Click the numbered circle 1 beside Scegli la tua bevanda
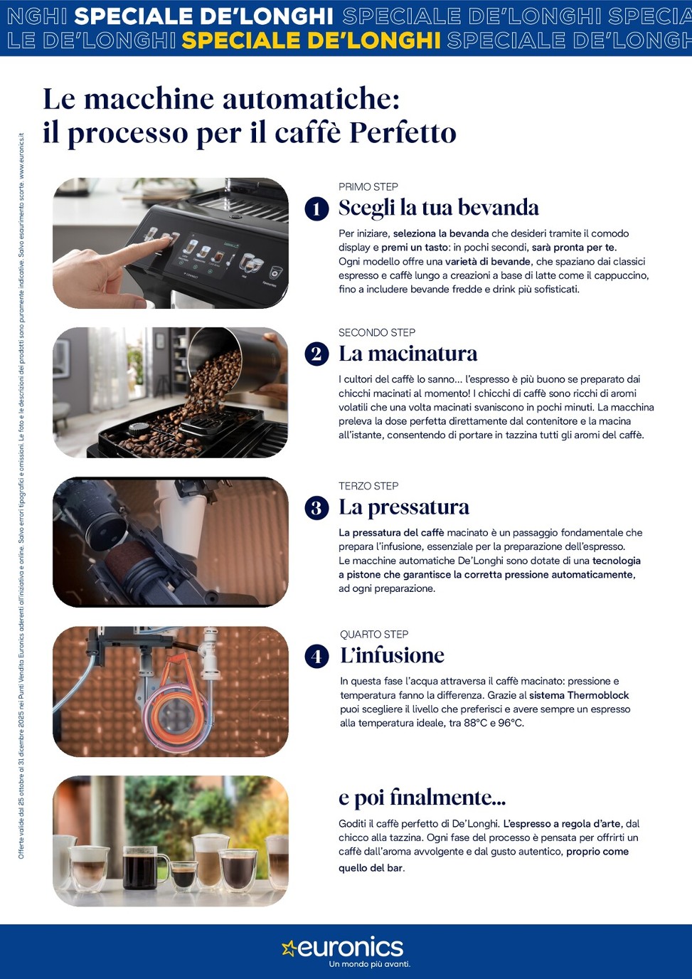click(x=316, y=208)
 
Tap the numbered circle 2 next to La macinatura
click(x=316, y=354)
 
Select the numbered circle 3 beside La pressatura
click(x=316, y=508)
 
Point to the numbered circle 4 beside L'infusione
click(x=316, y=657)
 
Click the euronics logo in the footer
click(x=342, y=948)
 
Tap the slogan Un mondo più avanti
click(x=369, y=963)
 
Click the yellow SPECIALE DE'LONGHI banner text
click(x=311, y=41)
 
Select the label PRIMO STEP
click(x=368, y=187)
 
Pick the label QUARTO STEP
click(x=374, y=634)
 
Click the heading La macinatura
click(x=408, y=354)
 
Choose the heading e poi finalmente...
click(x=422, y=797)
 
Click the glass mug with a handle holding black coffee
click(x=144, y=867)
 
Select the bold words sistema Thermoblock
click(x=579, y=695)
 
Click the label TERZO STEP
click(x=368, y=486)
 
